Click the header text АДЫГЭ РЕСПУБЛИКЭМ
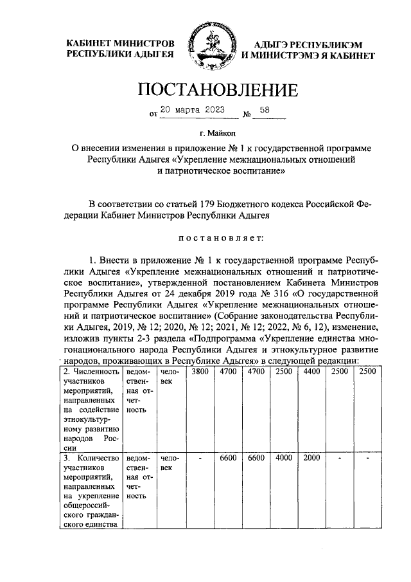tap(308, 44)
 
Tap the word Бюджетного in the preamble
tap(245, 205)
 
